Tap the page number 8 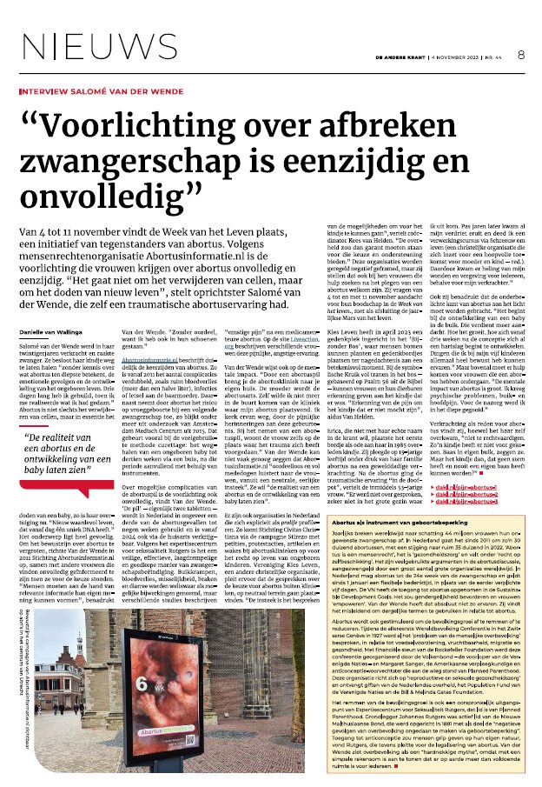(x=521, y=53)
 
